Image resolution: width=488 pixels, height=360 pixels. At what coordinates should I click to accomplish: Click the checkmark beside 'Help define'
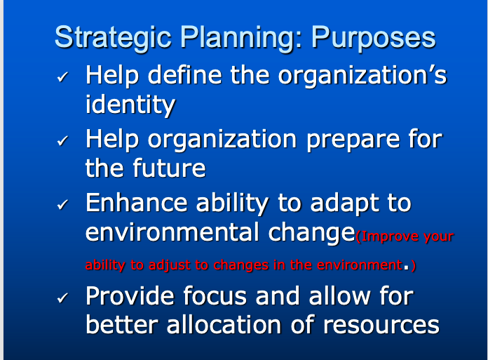[x=62, y=78]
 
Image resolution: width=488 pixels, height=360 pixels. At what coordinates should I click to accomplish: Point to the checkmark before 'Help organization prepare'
[x=62, y=142]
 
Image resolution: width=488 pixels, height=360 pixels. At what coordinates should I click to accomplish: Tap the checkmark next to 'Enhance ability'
[x=62, y=206]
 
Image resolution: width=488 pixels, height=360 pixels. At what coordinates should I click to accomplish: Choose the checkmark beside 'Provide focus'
[x=62, y=298]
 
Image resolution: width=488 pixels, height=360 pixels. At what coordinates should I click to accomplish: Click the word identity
[x=130, y=105]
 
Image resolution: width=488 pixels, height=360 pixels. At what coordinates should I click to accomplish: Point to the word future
[x=170, y=168]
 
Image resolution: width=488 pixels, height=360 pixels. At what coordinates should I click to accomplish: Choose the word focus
[x=215, y=295]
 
